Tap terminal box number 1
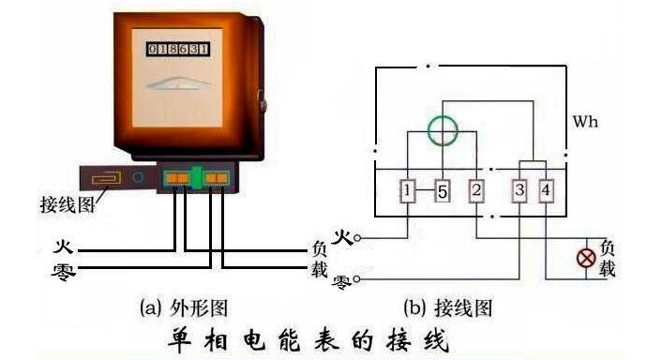[408, 192]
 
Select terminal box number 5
[442, 192]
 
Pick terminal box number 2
[476, 192]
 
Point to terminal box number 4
[548, 192]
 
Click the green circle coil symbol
[442, 131]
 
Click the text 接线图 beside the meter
[66, 204]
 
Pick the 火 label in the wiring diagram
[342, 237]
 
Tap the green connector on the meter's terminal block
[197, 176]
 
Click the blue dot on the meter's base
[138, 175]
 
